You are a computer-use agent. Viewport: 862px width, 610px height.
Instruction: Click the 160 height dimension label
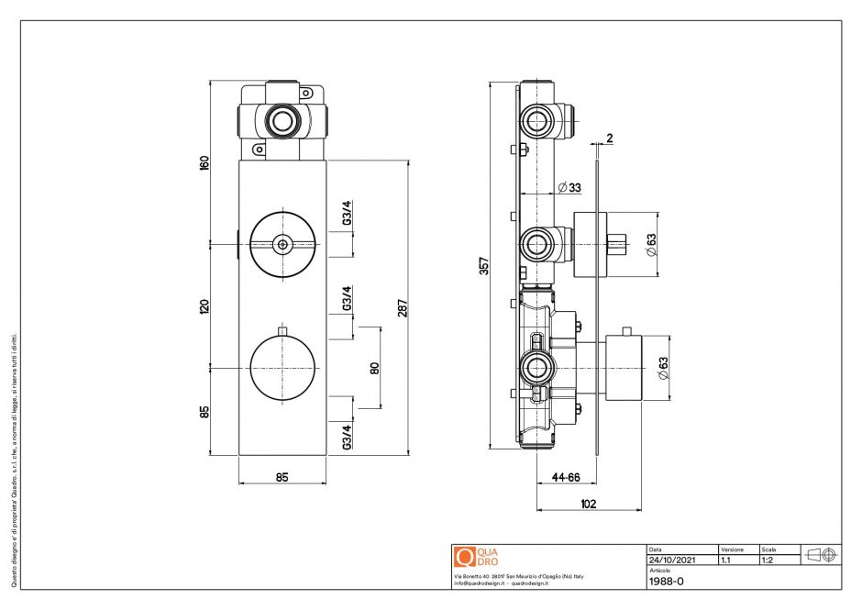point(204,162)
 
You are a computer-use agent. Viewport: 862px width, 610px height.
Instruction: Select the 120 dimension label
point(204,305)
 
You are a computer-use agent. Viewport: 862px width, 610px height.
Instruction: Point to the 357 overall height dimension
point(484,265)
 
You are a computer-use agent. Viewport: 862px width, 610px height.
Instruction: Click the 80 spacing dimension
point(374,367)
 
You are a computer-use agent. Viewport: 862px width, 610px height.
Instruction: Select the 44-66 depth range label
point(566,477)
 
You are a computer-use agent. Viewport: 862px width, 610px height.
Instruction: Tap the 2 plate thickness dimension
point(609,139)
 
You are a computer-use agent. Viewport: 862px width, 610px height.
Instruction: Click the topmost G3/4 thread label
point(347,213)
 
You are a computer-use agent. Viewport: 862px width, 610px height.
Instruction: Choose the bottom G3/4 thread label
point(347,436)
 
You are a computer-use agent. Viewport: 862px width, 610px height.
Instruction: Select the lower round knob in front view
point(282,367)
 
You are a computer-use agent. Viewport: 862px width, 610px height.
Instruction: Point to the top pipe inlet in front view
point(282,120)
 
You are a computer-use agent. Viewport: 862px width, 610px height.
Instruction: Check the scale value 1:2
point(768,559)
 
